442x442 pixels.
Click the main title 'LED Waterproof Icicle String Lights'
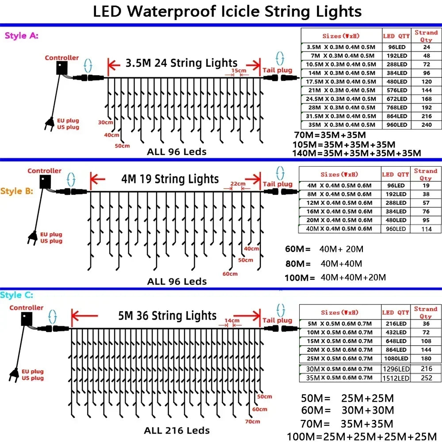point(227,11)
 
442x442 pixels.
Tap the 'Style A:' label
point(21,36)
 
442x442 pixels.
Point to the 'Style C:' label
point(17,295)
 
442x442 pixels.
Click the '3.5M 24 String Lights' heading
point(181,63)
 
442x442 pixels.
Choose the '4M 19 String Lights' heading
point(170,179)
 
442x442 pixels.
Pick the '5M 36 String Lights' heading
point(167,316)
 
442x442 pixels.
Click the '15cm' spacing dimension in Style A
point(238,71)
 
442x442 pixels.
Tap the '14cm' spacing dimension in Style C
point(232,320)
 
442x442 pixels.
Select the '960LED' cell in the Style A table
point(396,125)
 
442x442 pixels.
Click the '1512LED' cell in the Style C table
point(396,378)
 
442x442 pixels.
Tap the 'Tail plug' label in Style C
point(277,320)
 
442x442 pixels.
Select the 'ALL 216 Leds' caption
point(177,430)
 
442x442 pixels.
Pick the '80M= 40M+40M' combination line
point(324,263)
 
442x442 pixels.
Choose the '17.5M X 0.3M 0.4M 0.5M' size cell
point(341,81)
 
